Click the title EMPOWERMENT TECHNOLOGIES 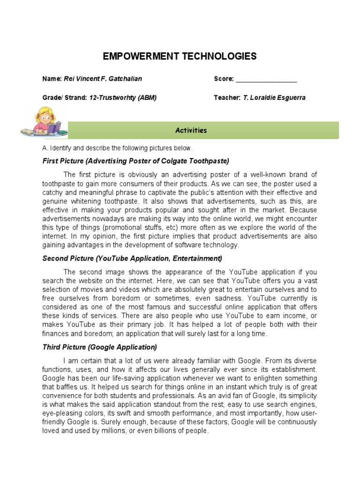point(180,57)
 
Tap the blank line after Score point(266,79)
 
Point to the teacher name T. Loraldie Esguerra point(275,98)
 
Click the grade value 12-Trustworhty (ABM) point(123,98)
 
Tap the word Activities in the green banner point(191,130)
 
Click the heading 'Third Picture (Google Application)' point(99,347)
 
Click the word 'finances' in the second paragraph point(56,333)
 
